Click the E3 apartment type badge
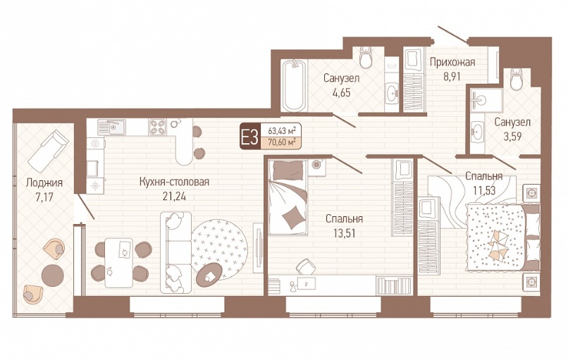(x=249, y=137)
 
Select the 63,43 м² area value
(x=282, y=130)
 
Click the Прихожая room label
(x=452, y=62)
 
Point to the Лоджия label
(x=44, y=183)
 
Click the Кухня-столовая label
(x=174, y=182)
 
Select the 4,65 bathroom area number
(x=341, y=93)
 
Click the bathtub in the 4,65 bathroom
(x=293, y=86)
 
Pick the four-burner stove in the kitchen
(x=157, y=127)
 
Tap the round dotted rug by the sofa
(x=219, y=249)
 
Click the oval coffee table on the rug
(x=209, y=275)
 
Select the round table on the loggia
(x=53, y=275)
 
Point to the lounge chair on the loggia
(x=49, y=151)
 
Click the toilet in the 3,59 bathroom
(x=516, y=79)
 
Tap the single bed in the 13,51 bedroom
(x=288, y=197)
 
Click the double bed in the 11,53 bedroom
(x=502, y=237)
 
